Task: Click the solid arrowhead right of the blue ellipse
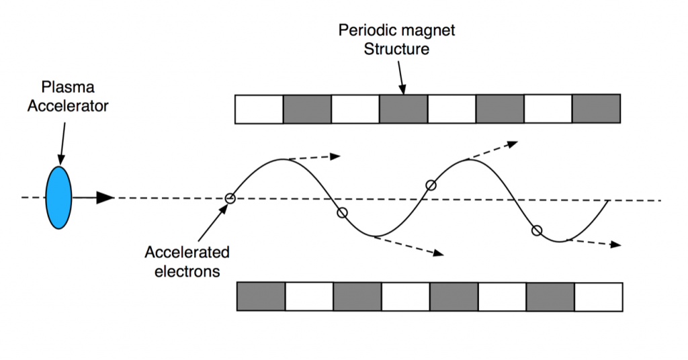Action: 105,197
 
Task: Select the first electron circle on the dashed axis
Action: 230,198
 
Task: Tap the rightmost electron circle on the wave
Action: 536,230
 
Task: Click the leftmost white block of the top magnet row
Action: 259,109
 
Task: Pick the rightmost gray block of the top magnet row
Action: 596,109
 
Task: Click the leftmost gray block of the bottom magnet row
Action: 261,296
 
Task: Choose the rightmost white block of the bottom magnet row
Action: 599,296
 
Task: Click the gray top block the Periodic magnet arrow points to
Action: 403,109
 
